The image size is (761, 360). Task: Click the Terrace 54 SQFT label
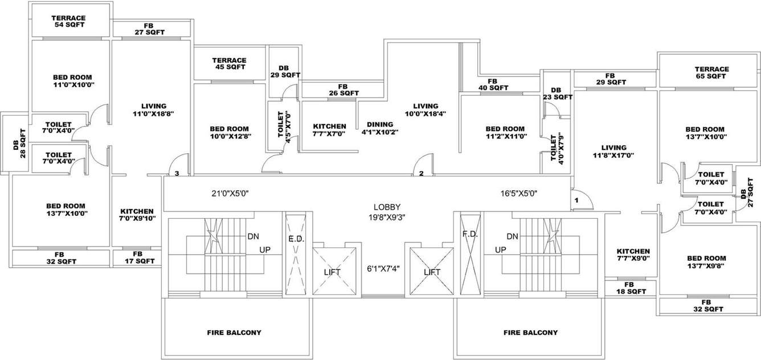coord(69,22)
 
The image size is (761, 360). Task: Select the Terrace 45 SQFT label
coord(229,63)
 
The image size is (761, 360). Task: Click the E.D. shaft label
coord(296,239)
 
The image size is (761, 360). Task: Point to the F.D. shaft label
coord(469,234)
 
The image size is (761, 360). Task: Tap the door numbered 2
coord(421,174)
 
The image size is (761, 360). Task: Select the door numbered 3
coord(177,173)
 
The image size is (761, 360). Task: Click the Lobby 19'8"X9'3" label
coord(387,211)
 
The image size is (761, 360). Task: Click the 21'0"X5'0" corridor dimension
coord(230,194)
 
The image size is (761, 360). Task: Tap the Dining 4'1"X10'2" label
coord(380,128)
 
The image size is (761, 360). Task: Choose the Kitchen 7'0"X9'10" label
coord(137,214)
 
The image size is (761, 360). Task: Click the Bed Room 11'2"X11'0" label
coord(505,133)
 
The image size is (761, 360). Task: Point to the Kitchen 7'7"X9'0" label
coord(633,255)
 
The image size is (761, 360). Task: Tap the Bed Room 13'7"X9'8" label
coord(706,262)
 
